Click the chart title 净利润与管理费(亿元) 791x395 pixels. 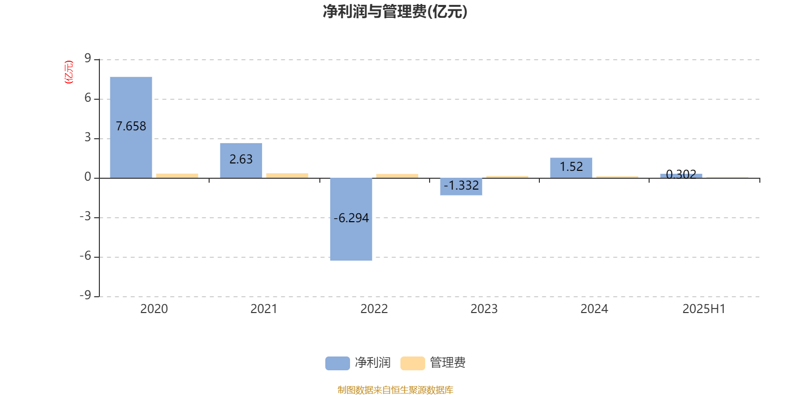pyautogui.click(x=395, y=11)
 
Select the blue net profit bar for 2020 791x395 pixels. pyautogui.click(x=131, y=127)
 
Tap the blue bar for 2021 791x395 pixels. pyautogui.click(x=241, y=160)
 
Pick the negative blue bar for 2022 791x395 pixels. pyautogui.click(x=351, y=219)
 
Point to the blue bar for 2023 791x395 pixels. pyautogui.click(x=461, y=187)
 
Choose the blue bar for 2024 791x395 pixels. pyautogui.click(x=571, y=168)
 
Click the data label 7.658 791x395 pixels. pyautogui.click(x=131, y=126)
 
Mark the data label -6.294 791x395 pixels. pyautogui.click(x=351, y=218)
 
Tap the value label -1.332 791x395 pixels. pyautogui.click(x=461, y=185)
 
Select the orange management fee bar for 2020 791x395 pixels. pyautogui.click(x=177, y=176)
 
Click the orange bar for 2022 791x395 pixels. pyautogui.click(x=397, y=176)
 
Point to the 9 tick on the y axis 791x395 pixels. pyautogui.click(x=88, y=58)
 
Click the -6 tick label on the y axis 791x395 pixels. pyautogui.click(x=85, y=256)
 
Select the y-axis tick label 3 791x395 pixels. pyautogui.click(x=88, y=137)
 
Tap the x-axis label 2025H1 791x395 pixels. pyautogui.click(x=704, y=309)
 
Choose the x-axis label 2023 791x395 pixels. pyautogui.click(x=484, y=309)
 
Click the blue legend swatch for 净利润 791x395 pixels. pyautogui.click(x=337, y=363)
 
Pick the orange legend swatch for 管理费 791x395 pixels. pyautogui.click(x=412, y=363)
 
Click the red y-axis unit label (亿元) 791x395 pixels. pyautogui.click(x=69, y=72)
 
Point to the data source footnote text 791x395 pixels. pyautogui.click(x=395, y=390)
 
